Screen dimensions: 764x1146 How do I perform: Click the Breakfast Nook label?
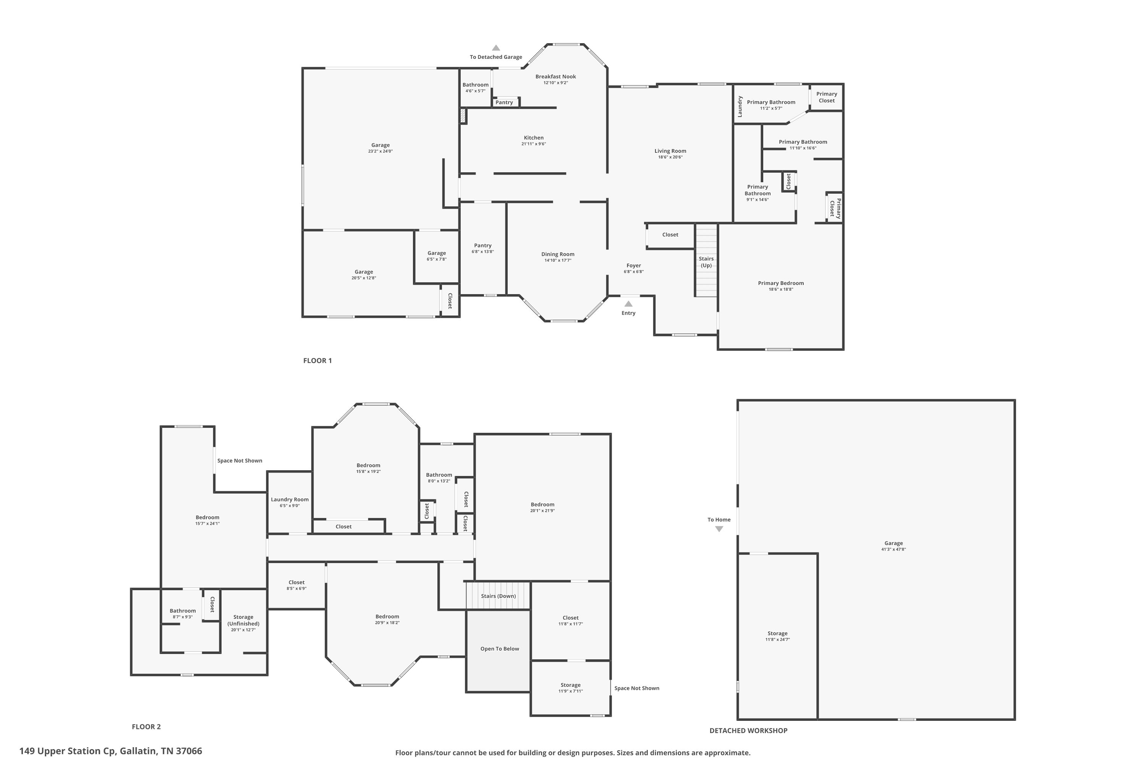[x=555, y=76]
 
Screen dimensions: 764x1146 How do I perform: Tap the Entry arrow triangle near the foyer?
[x=628, y=304]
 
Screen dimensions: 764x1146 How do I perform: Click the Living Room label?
[x=670, y=151]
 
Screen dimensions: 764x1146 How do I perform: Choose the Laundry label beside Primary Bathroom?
[x=740, y=106]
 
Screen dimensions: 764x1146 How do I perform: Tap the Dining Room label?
[x=557, y=254]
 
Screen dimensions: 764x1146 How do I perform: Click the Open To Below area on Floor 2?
[x=499, y=649]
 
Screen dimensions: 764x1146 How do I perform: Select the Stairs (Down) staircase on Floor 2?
[x=498, y=596]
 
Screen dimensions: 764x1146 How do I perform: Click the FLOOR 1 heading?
[x=317, y=361]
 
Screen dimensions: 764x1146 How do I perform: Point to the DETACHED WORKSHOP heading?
[x=748, y=730]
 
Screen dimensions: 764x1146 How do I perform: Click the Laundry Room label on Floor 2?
[x=290, y=499]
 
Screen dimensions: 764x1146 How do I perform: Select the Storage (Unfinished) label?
[x=243, y=620]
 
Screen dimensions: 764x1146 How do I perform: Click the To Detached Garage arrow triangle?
[x=495, y=48]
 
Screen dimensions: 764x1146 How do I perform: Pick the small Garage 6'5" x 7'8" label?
[x=436, y=253]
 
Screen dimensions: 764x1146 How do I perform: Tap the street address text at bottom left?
[x=111, y=751]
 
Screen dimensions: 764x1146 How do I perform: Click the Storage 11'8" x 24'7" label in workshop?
[x=777, y=633]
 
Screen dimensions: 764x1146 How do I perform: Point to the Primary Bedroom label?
[x=780, y=283]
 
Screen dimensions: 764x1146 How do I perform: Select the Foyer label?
[x=633, y=265]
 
